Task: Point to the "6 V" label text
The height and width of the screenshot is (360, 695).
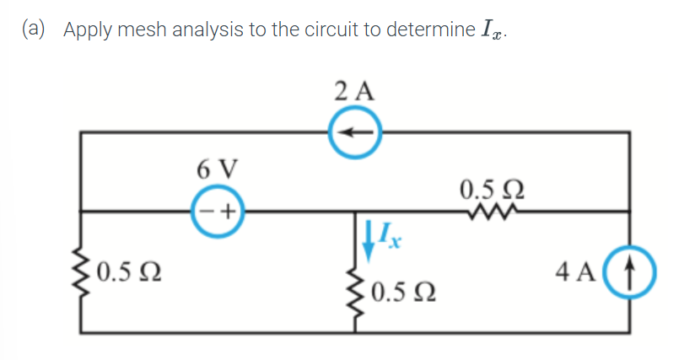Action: (218, 169)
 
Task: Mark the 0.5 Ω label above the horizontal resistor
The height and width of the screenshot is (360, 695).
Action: (493, 187)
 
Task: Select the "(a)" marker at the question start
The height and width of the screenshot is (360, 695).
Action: (36, 30)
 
